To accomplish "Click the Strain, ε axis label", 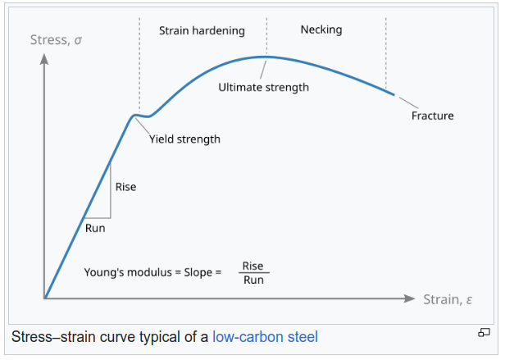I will coord(448,298).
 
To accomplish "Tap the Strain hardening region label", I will coord(202,30).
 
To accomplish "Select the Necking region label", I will coord(321,30).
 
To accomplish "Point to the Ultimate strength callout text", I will coord(263,87).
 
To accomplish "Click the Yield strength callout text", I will coord(184,139).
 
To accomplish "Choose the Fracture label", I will coord(432,116).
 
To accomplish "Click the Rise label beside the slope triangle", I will coord(125,187).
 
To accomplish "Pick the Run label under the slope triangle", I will coord(95,228).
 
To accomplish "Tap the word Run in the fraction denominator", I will coord(252,280).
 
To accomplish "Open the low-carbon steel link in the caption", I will coord(265,336).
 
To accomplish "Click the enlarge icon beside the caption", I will coord(484,332).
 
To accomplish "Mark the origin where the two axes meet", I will coord(45,298).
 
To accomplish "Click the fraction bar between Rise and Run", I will coord(253,272).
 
